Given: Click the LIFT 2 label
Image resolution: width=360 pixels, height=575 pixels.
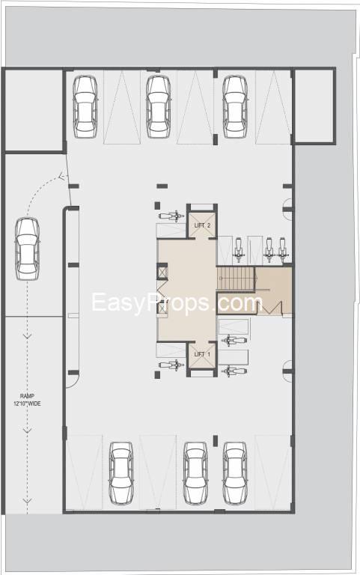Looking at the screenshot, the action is click(202, 225).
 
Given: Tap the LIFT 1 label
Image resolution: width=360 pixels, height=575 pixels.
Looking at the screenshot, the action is click(202, 354).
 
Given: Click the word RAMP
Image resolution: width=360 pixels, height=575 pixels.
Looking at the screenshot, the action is click(27, 396).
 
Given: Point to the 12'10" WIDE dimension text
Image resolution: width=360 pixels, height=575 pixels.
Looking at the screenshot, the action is click(27, 404).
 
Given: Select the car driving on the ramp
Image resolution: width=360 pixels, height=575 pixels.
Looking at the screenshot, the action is click(28, 249).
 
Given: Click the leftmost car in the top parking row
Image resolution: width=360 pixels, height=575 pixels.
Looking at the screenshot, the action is click(85, 107).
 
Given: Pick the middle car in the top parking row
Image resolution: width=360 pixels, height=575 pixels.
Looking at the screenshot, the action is click(159, 107).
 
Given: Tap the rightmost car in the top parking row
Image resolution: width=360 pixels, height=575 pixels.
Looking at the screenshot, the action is click(235, 107).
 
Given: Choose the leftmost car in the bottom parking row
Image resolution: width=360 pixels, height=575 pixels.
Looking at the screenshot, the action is click(121, 473).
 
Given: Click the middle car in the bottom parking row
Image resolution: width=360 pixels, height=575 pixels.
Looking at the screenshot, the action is click(196, 473).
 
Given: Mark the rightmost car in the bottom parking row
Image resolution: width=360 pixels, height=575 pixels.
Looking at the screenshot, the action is click(235, 473).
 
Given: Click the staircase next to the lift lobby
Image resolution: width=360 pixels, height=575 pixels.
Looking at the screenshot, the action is click(236, 279).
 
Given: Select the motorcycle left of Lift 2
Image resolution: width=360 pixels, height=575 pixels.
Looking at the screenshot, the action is click(171, 216).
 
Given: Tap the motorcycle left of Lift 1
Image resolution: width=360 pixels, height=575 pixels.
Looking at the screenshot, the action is click(171, 365).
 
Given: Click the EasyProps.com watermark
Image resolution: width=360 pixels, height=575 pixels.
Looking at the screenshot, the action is click(177, 302).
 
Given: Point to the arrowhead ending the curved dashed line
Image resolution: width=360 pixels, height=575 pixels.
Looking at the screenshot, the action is click(61, 177).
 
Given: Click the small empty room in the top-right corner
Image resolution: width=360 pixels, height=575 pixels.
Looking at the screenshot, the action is click(314, 106).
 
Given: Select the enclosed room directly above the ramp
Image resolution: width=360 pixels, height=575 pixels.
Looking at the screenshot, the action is click(34, 110).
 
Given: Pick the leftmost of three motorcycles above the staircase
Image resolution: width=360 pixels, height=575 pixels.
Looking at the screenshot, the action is click(239, 249).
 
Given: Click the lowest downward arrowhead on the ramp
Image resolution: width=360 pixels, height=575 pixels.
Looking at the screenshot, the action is click(27, 500).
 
